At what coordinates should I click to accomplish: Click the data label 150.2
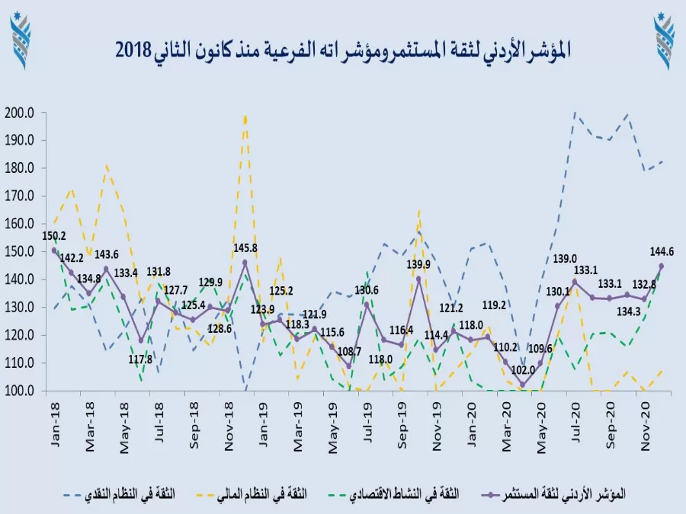[x=53, y=236]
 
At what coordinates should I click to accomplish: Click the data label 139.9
[x=417, y=264]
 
